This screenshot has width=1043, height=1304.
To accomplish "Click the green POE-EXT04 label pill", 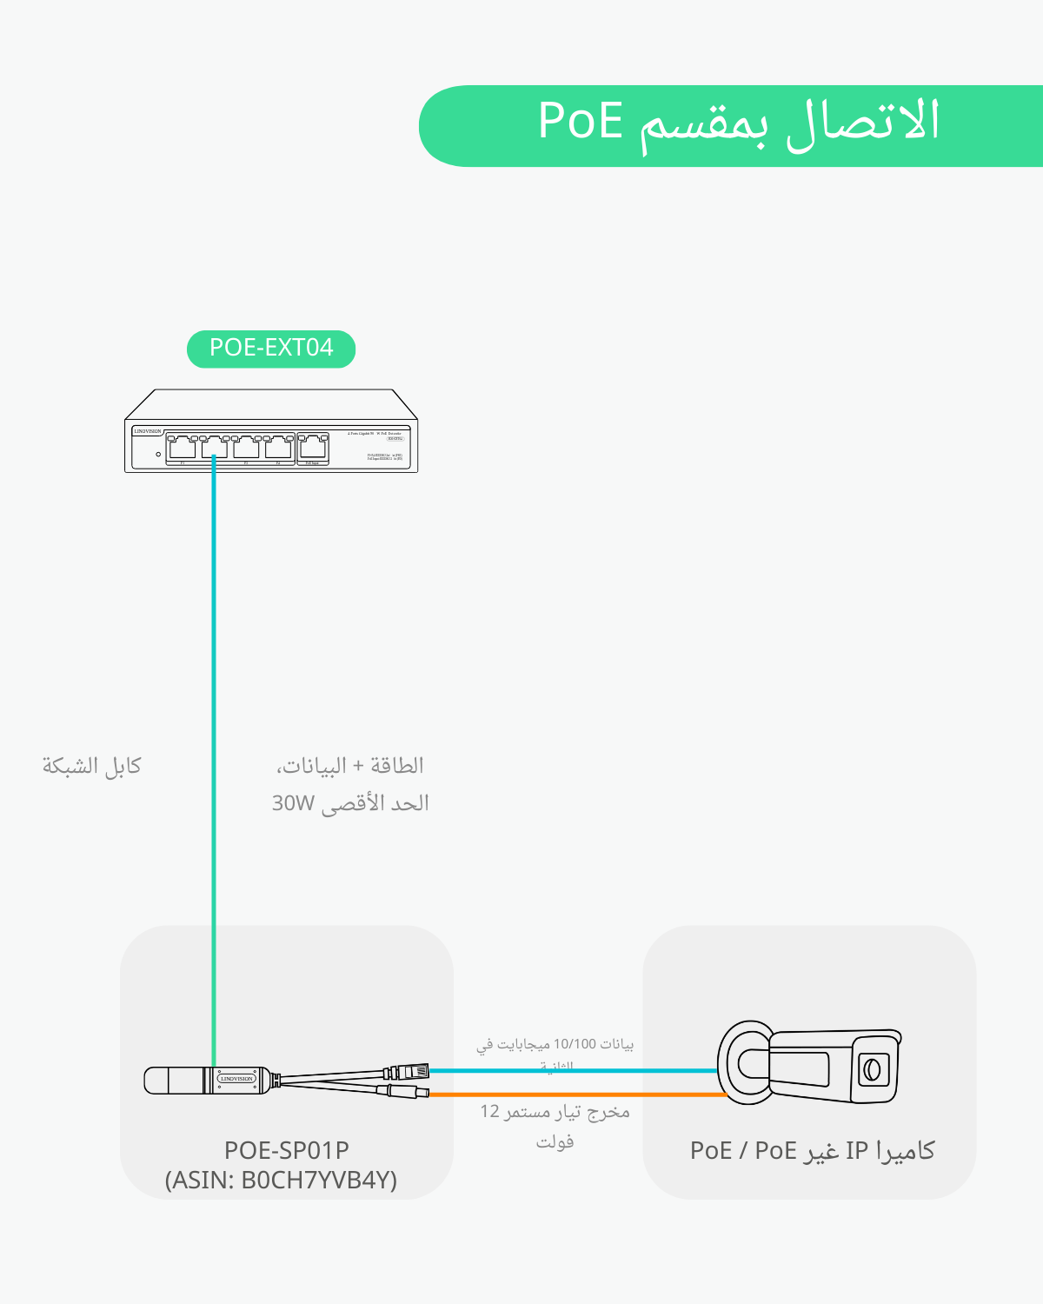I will tap(271, 349).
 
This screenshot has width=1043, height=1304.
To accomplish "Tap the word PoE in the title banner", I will tap(581, 121).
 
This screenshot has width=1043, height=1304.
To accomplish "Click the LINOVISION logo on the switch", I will tap(148, 431).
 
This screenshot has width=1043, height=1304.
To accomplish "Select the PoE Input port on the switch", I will tap(313, 447).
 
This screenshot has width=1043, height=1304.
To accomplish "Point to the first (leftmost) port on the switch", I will tap(183, 447).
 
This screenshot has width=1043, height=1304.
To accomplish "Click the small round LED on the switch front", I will tap(158, 454).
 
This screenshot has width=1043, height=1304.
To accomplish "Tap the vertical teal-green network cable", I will tap(214, 695).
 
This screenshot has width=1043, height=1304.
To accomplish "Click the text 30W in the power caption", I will tap(292, 803).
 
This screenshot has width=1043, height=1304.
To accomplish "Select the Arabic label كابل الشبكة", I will tap(92, 766).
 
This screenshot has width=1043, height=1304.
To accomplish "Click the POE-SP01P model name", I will tap(287, 1150).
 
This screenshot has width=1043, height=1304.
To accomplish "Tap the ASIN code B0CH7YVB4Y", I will tap(318, 1180).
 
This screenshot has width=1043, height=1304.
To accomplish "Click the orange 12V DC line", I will tap(574, 1094).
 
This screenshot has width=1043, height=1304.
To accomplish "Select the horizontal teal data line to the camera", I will tap(574, 1070).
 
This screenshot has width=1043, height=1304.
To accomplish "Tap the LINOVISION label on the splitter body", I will tap(236, 1079).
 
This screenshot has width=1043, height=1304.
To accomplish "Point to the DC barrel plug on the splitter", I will tap(404, 1091).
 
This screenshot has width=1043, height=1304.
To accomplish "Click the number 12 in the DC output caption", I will tap(490, 1112).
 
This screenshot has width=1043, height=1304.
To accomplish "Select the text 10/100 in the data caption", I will tap(575, 1043).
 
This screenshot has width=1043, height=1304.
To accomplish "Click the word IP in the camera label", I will tap(857, 1150).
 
